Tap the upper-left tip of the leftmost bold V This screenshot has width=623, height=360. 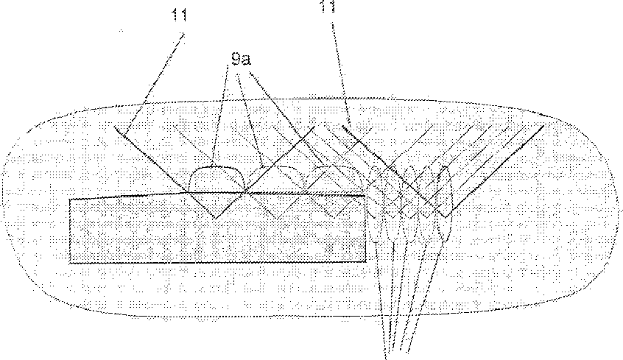[x=116, y=127]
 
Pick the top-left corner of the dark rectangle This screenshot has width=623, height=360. [x=70, y=199]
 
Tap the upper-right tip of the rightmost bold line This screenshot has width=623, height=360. [x=543, y=124]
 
